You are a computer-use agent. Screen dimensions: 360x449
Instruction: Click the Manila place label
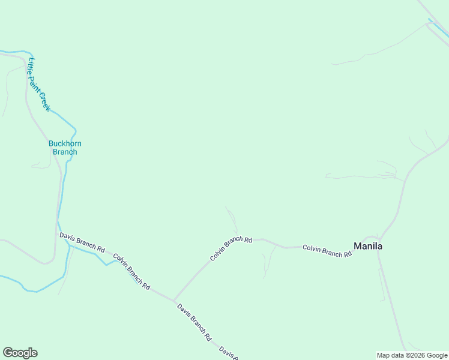click(368, 246)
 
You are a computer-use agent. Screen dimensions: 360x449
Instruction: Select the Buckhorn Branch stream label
click(65, 148)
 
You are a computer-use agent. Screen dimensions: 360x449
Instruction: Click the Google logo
click(20, 353)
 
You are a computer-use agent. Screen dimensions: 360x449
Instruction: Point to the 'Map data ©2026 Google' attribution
click(412, 355)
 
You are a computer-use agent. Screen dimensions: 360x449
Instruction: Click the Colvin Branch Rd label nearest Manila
click(327, 250)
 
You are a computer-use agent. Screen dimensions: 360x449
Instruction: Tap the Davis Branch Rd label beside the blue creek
click(82, 242)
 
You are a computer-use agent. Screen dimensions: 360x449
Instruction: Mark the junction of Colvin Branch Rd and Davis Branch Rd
click(173, 300)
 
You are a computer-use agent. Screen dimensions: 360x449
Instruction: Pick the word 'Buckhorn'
click(65, 143)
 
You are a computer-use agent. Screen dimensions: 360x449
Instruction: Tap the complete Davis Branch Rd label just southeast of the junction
click(194, 322)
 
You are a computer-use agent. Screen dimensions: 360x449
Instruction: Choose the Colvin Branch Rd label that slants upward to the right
click(231, 248)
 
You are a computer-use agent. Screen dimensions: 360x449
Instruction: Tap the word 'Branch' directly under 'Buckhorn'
click(65, 152)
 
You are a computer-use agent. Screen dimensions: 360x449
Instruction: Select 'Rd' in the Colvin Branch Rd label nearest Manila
click(347, 254)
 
